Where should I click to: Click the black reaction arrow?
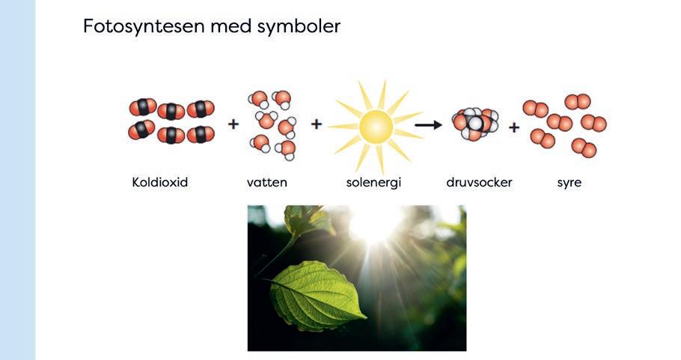click(429, 125)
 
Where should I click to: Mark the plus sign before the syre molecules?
click(514, 127)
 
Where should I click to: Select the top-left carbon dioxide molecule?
click(142, 108)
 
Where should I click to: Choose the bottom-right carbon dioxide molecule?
click(201, 135)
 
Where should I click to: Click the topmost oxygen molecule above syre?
click(578, 101)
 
